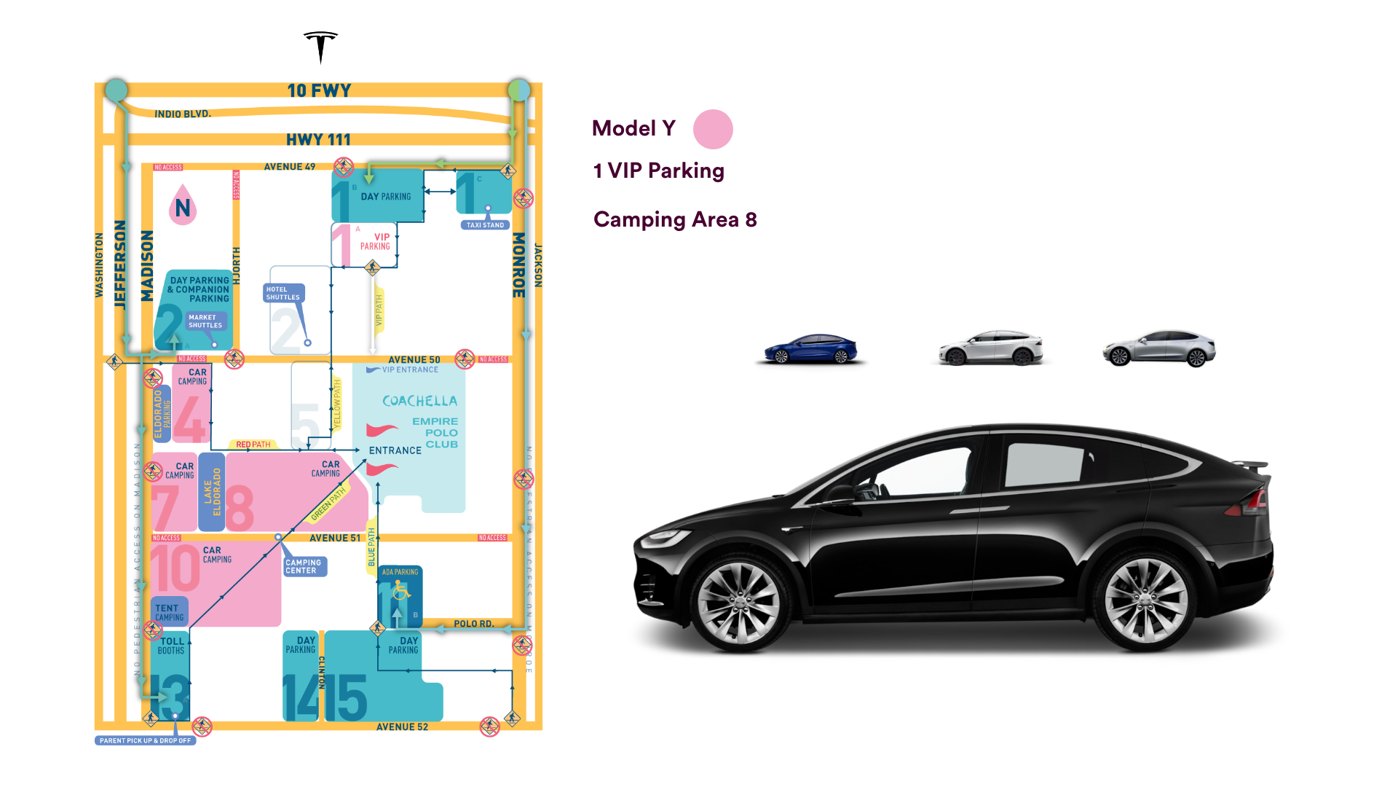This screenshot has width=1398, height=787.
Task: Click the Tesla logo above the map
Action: pos(320,46)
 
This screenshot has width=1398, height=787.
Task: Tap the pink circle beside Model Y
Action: pos(713,130)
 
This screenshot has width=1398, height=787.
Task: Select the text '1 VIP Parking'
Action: pos(658,171)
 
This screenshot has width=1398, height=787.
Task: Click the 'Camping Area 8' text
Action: pos(675,219)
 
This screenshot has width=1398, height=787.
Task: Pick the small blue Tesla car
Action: pos(811,349)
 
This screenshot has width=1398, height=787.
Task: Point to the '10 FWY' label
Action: pos(319,90)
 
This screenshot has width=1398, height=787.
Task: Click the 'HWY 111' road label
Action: pos(318,139)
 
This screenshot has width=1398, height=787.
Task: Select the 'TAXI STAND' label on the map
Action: pos(485,225)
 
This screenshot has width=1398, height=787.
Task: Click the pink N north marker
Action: pos(183,206)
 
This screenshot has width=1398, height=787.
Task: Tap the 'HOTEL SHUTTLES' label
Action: pos(283,293)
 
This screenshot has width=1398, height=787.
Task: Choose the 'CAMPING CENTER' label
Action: pos(304,566)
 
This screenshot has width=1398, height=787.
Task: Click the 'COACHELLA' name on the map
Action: pos(419,401)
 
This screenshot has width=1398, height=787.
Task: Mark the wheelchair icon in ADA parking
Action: pos(400,592)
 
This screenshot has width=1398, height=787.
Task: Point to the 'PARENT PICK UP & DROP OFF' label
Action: pos(145,740)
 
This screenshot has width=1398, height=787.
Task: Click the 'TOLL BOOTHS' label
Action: pos(172,646)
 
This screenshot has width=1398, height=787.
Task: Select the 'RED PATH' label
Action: pos(253,445)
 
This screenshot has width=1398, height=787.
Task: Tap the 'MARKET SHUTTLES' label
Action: pos(205,321)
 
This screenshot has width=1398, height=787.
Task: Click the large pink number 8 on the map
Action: pos(240,508)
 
